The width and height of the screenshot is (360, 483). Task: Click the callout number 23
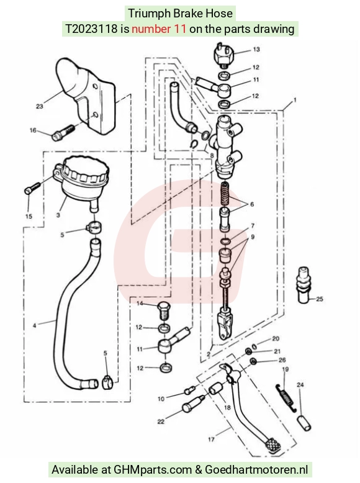click(x=40, y=106)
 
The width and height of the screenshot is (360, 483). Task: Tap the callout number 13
click(x=256, y=49)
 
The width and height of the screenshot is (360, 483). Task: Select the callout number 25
click(x=320, y=299)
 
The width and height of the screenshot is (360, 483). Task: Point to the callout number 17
click(x=211, y=439)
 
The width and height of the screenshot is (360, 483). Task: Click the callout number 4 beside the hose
click(x=35, y=325)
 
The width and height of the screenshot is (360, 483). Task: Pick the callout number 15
click(x=29, y=216)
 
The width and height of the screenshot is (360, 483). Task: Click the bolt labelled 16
click(x=63, y=132)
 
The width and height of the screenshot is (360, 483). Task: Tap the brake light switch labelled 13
click(x=224, y=54)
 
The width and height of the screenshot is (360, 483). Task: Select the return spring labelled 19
click(x=286, y=397)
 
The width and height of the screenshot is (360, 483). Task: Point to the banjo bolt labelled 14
click(x=163, y=311)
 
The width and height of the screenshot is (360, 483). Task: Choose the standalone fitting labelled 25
click(x=304, y=285)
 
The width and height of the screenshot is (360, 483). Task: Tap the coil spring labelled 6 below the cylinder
click(x=226, y=194)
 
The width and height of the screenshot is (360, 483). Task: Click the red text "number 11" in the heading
click(x=159, y=29)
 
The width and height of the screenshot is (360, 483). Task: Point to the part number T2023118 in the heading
click(x=91, y=29)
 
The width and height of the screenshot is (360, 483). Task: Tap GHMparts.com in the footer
click(x=153, y=469)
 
